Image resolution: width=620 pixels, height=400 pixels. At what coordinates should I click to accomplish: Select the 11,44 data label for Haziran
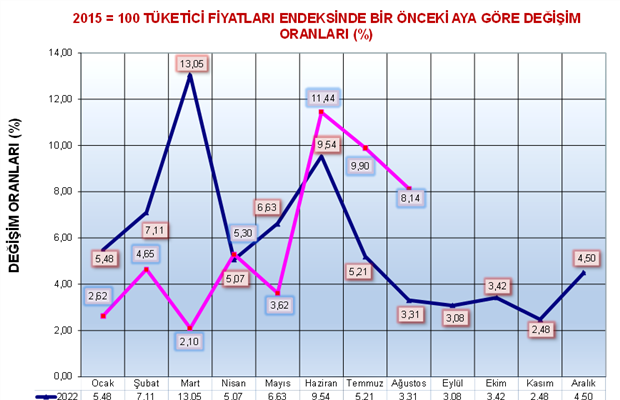(323, 98)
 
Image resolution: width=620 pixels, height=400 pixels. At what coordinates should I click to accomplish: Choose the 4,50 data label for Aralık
(588, 259)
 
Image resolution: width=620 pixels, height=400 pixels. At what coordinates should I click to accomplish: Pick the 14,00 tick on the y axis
(61, 53)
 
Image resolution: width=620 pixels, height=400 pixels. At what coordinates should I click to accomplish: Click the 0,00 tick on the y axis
(63, 376)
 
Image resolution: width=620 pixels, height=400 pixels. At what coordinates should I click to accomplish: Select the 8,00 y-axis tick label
(63, 191)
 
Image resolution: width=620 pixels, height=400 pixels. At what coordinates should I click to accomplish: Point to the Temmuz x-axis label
(366, 384)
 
